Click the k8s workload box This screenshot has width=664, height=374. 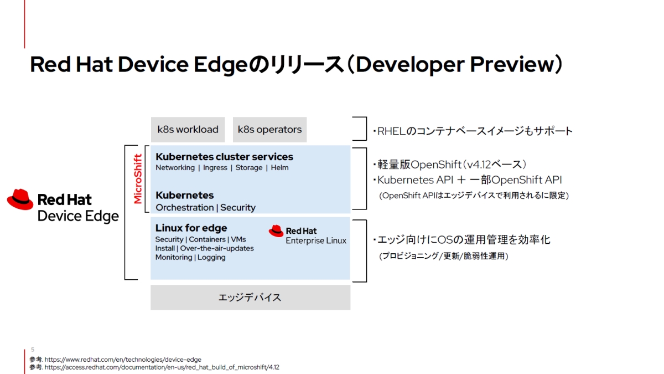click(x=188, y=130)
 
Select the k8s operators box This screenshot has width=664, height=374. click(x=269, y=130)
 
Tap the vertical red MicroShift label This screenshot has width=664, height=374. click(x=138, y=179)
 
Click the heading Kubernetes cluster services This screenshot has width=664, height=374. click(x=224, y=157)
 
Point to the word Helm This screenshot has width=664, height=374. click(x=280, y=168)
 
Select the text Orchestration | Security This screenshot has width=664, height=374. click(x=205, y=208)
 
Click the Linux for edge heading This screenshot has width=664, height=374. click(x=191, y=228)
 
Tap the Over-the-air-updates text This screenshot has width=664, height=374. click(x=217, y=248)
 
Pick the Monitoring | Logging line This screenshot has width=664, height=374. click(x=190, y=257)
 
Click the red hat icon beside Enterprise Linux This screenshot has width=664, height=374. click(x=276, y=230)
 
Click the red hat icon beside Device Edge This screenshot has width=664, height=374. click(x=20, y=199)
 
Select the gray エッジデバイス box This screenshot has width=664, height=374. click(x=250, y=298)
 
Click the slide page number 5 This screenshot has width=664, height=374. click(x=33, y=350)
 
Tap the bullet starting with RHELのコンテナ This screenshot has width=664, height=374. click(x=473, y=131)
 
